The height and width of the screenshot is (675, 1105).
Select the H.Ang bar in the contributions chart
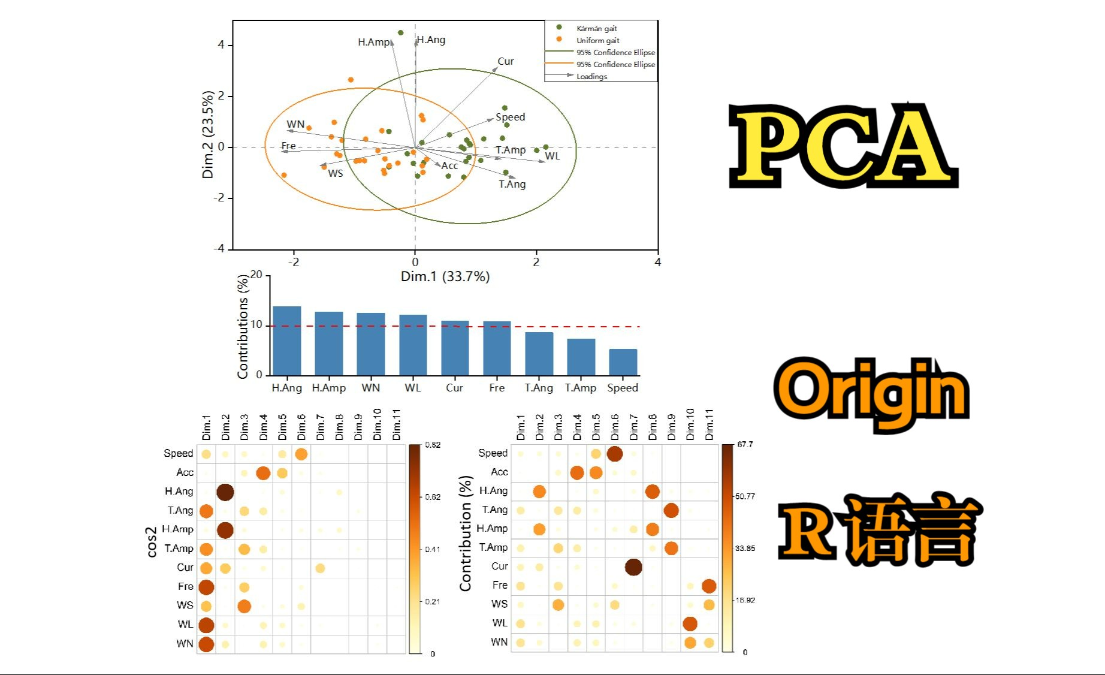(287, 340)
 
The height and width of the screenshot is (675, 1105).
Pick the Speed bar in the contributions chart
(623, 362)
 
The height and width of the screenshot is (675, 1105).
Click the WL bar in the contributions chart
(413, 345)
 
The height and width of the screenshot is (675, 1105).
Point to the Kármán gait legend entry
(596, 28)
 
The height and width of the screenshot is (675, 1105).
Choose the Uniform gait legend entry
(597, 40)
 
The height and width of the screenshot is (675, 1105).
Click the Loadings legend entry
(591, 76)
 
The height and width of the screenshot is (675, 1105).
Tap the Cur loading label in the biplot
(505, 61)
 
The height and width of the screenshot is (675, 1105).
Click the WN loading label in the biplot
(295, 124)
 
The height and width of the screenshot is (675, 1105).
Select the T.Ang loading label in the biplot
(512, 184)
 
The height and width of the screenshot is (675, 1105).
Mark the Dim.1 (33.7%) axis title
(445, 276)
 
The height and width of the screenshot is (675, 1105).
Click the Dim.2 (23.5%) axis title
(208, 135)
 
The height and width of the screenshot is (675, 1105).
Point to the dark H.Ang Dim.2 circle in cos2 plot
(225, 492)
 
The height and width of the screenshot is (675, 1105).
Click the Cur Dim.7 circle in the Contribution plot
(633, 566)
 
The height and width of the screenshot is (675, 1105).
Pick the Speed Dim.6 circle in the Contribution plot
(615, 453)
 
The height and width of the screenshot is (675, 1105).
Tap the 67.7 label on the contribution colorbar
(745, 444)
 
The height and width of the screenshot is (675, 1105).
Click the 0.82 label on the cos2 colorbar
(433, 445)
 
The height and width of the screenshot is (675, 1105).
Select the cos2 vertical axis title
(152, 542)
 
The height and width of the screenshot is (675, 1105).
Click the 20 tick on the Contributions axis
(256, 275)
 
